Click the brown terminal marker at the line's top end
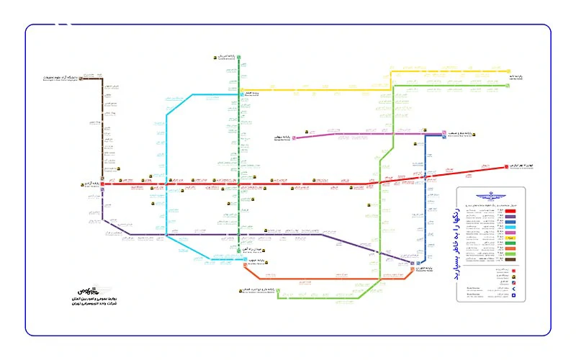point(81,78)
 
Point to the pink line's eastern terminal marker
point(426,133)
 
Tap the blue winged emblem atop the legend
point(491,196)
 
